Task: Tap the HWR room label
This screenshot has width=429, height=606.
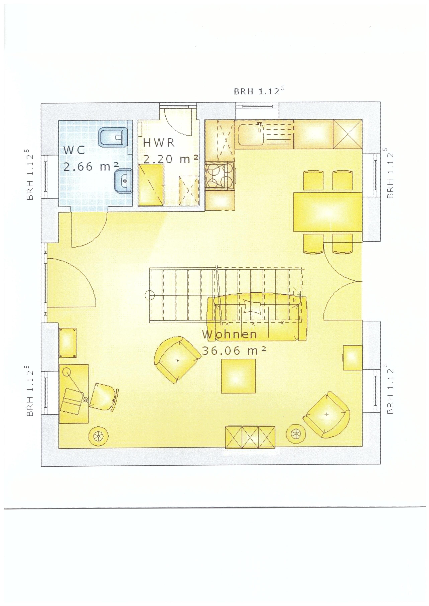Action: [x=159, y=143]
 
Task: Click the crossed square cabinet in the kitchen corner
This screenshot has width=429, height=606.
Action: [x=347, y=134]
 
